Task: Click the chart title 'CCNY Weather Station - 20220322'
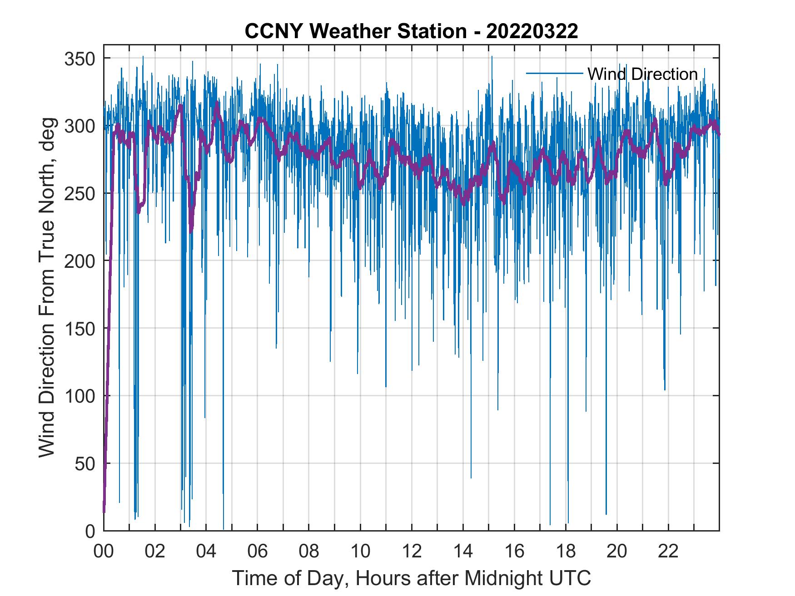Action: point(411,32)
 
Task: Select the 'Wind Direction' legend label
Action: point(642,74)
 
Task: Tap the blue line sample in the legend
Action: point(554,73)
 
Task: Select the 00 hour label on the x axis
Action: point(104,552)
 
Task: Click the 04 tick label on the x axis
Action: point(206,552)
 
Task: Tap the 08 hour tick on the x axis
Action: point(309,552)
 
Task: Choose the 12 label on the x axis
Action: point(412,552)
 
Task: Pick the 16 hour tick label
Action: point(514,552)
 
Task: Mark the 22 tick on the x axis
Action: point(668,552)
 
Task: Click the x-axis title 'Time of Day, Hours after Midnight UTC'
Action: point(412,578)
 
